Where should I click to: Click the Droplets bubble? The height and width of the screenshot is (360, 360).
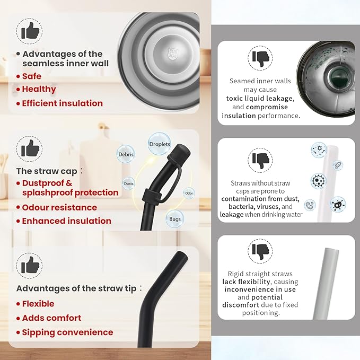pyautogui.click(x=160, y=144)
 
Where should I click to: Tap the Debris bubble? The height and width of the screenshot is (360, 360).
pyautogui.click(x=126, y=154)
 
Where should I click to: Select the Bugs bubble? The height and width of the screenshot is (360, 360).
pyautogui.click(x=175, y=219)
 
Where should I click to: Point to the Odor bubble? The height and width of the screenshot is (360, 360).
pyautogui.click(x=189, y=193)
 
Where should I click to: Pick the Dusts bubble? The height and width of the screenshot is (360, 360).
pyautogui.click(x=128, y=183)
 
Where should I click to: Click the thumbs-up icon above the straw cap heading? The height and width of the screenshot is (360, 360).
pyautogui.click(x=30, y=148)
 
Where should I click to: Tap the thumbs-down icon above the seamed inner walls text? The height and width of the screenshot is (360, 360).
pyautogui.click(x=260, y=58)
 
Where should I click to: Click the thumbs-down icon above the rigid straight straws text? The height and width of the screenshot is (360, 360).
pyautogui.click(x=260, y=252)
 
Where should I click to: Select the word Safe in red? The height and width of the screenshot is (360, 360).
pyautogui.click(x=32, y=76)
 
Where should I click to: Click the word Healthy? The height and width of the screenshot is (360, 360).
pyautogui.click(x=39, y=89)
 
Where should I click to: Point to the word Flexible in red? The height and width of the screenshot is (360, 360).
pyautogui.click(x=38, y=304)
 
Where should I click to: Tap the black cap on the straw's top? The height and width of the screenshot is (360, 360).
pyautogui.click(x=179, y=153)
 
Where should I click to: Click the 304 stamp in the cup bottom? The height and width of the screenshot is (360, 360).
pyautogui.click(x=172, y=54)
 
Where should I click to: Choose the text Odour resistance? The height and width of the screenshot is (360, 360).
pyautogui.click(x=59, y=207)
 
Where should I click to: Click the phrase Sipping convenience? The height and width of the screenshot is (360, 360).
pyautogui.click(x=67, y=332)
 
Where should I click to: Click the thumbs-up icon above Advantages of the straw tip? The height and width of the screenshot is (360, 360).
pyautogui.click(x=30, y=265)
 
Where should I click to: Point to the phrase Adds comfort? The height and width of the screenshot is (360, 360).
pyautogui.click(x=51, y=318)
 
